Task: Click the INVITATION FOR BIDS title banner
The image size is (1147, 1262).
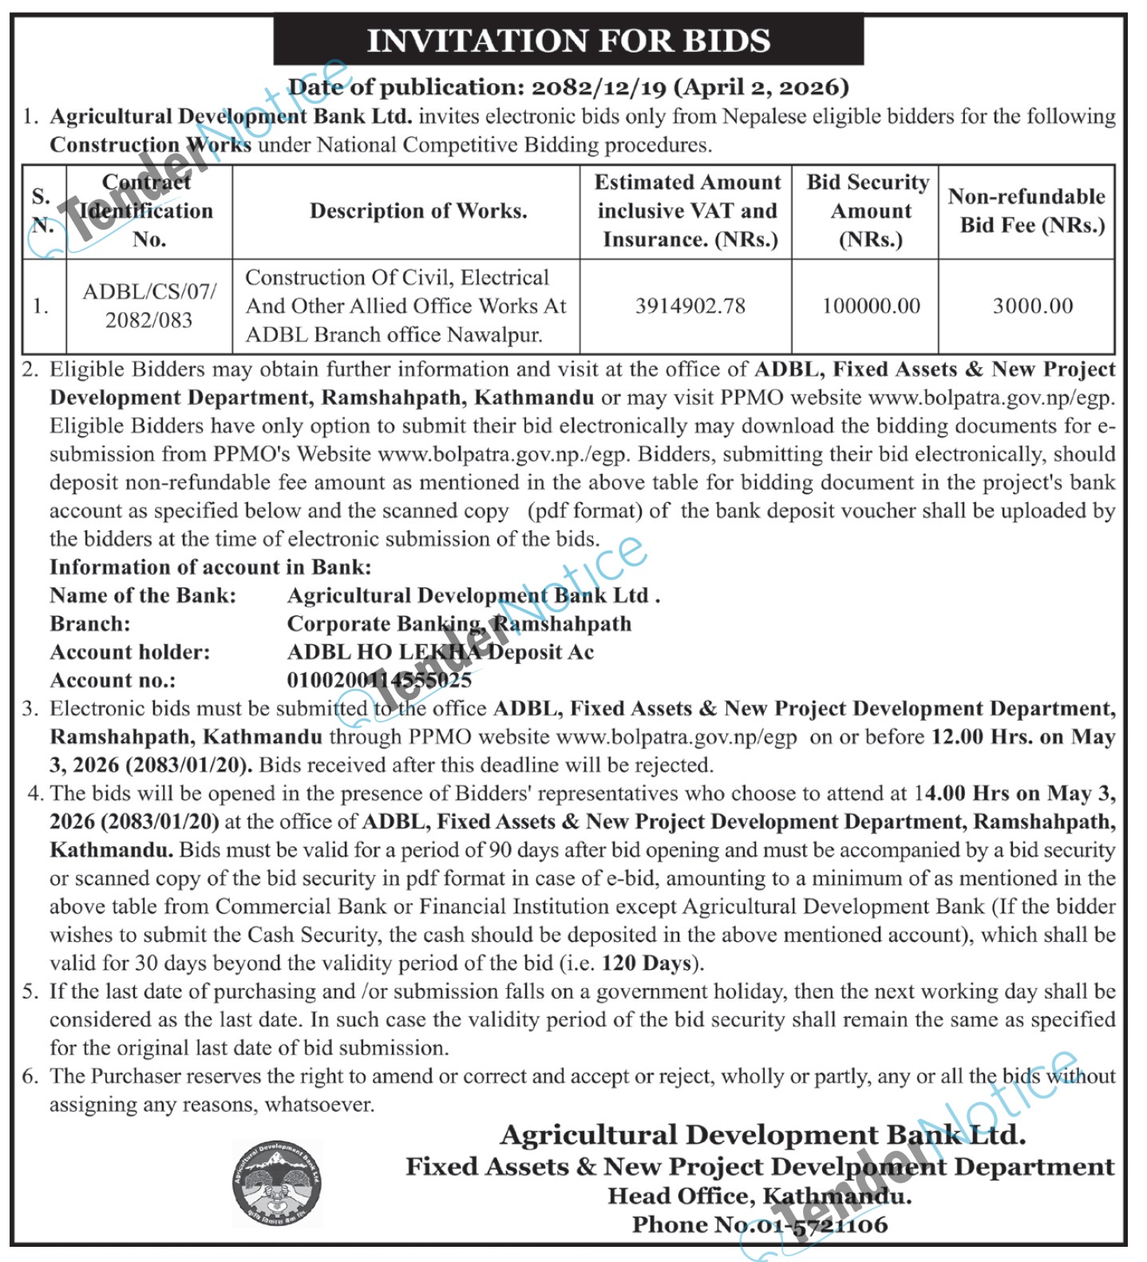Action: click(568, 41)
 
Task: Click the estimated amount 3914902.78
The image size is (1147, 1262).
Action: click(690, 306)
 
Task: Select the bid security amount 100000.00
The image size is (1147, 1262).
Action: click(871, 306)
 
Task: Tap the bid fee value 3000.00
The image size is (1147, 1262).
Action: click(1032, 306)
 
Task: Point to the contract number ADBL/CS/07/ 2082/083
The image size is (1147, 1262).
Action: click(149, 306)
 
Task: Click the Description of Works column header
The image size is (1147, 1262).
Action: click(418, 211)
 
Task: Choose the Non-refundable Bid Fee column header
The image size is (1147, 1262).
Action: click(1026, 211)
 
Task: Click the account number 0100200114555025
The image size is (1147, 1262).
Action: click(379, 680)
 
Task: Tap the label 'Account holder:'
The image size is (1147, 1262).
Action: click(130, 652)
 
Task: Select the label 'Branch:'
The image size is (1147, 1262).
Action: click(90, 623)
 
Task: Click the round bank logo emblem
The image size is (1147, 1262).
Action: click(276, 1182)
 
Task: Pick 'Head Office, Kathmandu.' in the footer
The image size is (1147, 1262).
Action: click(759, 1196)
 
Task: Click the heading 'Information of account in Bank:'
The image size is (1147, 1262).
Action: click(211, 568)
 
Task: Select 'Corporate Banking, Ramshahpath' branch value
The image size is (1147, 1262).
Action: click(459, 623)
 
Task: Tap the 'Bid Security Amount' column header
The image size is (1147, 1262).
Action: click(868, 211)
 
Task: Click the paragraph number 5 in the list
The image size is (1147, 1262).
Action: click(30, 991)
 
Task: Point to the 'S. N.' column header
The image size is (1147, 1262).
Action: click(42, 211)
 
